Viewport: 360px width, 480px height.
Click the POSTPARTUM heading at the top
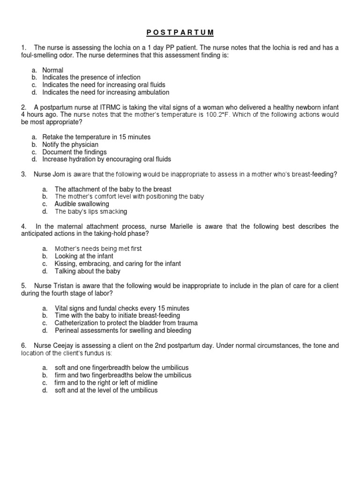click(x=180, y=32)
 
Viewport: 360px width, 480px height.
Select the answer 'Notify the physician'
click(x=70, y=144)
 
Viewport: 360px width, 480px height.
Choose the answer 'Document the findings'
click(x=75, y=152)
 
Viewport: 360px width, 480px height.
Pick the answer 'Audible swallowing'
click(x=82, y=204)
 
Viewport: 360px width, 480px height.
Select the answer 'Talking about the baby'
click(x=87, y=271)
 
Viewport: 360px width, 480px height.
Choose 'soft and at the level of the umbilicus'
click(x=106, y=390)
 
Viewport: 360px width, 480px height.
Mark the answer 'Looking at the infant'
click(x=84, y=256)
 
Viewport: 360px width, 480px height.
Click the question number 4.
click(x=23, y=226)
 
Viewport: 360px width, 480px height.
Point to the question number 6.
click(x=23, y=345)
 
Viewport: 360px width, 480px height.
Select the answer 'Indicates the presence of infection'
click(x=91, y=77)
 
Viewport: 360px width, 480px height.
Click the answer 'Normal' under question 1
click(x=52, y=70)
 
